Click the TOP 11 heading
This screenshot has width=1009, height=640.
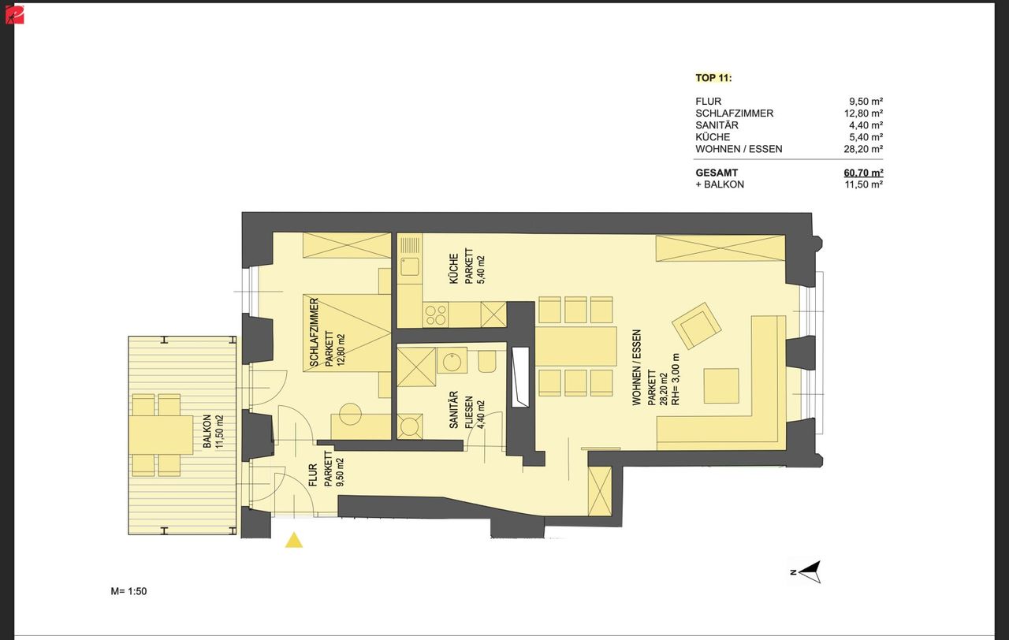713,78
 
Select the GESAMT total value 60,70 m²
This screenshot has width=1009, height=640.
863,173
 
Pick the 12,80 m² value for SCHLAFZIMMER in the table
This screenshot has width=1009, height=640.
863,113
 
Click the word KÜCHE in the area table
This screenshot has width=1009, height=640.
713,137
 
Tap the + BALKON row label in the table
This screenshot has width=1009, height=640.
720,184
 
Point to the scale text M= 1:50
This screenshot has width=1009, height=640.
128,591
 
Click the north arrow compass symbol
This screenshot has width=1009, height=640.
806,572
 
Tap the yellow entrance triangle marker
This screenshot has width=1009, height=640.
294,540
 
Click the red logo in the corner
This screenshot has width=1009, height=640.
14,14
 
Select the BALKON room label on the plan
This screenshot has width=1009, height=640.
207,431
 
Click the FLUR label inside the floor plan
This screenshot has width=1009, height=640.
313,475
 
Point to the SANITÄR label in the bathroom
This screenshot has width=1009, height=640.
453,409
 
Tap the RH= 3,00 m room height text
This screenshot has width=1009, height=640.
676,379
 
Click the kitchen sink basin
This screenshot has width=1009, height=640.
409,266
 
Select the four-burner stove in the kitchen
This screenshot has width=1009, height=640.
436,314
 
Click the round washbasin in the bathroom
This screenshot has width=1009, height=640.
452,361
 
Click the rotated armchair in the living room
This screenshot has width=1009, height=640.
696,326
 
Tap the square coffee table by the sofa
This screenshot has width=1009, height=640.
721,385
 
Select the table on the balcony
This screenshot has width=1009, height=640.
162,434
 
